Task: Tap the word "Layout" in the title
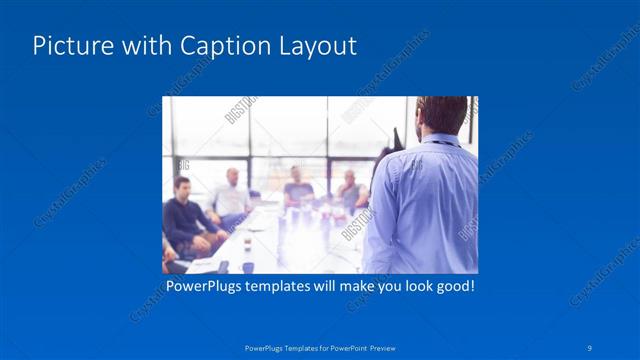[318, 47]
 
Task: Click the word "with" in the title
[143, 47]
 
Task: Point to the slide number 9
[590, 347]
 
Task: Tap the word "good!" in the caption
[452, 286]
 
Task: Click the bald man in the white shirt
[231, 195]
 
